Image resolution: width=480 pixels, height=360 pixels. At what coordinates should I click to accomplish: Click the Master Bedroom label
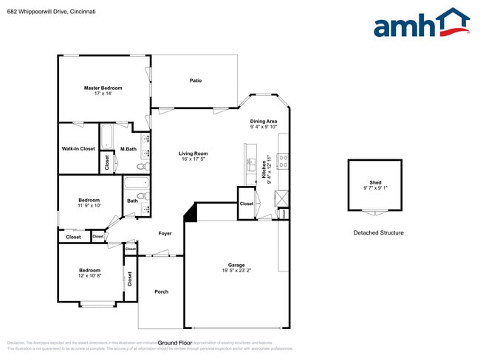point(103,88)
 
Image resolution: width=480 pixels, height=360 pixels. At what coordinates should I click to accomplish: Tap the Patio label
point(196,80)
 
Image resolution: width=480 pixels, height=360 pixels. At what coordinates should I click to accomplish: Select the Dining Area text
point(263,121)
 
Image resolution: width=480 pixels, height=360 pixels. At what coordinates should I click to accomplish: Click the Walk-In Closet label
point(78,148)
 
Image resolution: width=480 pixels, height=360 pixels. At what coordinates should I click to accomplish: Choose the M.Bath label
point(128,149)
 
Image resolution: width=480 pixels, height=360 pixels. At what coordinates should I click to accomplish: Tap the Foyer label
point(165,233)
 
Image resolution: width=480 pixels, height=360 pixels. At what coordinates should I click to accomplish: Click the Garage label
point(236,265)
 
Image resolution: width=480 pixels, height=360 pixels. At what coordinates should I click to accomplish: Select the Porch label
point(161,291)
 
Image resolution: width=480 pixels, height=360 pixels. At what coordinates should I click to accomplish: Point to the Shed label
point(376,182)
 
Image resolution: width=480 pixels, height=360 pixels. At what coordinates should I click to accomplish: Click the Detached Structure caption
point(378,233)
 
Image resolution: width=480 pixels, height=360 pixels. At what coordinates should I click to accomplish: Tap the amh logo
point(422,24)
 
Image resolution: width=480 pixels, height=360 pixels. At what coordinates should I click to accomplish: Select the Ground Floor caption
point(175,343)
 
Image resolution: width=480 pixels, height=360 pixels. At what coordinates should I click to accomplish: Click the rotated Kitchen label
point(263,171)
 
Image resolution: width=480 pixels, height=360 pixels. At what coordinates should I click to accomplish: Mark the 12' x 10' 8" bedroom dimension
point(90,276)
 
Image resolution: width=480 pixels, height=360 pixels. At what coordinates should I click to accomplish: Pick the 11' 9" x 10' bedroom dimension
point(89,205)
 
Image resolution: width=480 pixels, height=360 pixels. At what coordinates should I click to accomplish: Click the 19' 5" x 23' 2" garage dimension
point(236,271)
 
